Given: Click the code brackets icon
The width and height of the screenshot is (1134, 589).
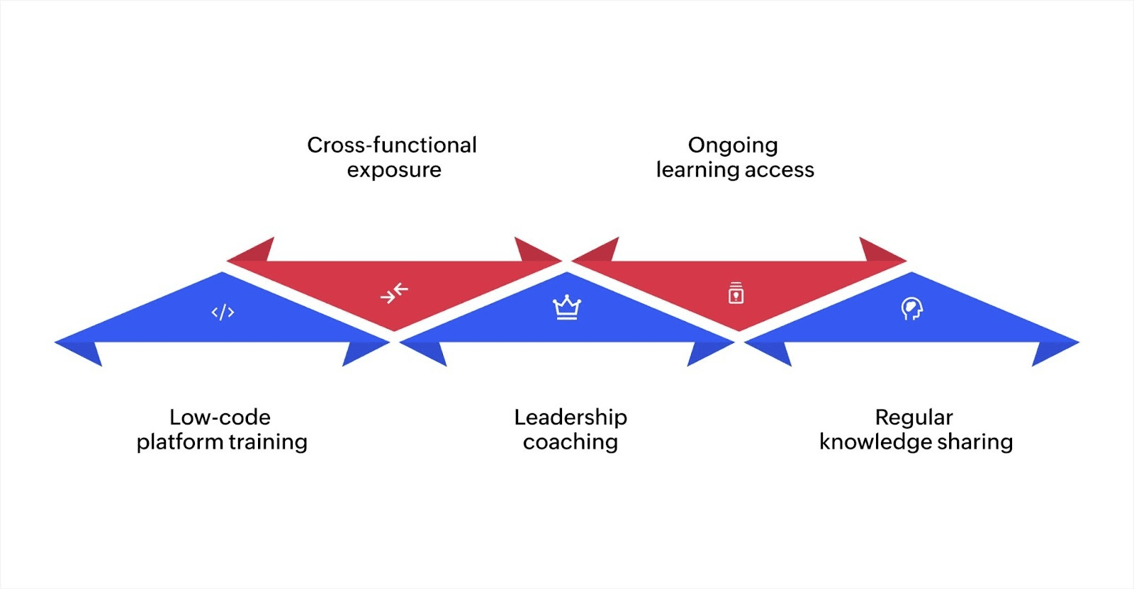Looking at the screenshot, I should point(223,312).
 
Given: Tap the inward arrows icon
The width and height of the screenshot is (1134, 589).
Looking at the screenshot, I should point(394,293).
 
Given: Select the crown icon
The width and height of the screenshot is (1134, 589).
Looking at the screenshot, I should point(567,307).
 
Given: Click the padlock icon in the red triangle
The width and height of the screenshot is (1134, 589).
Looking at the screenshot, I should point(736,293).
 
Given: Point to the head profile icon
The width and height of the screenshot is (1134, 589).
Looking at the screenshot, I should point(911,309).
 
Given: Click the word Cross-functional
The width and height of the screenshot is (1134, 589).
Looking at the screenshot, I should point(391,145).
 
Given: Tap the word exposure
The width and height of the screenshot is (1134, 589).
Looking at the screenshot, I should point(394,170).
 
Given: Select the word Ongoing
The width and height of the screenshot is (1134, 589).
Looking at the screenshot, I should point(733,146).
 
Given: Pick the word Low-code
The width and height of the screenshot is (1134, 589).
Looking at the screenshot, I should point(220,417).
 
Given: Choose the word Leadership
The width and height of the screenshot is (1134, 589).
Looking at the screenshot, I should point(571,417).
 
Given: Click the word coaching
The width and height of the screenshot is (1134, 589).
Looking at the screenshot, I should point(571,442).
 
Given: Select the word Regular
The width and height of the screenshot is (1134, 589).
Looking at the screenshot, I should point(914,417).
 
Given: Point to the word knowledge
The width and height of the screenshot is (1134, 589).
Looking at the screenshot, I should point(875,442).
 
